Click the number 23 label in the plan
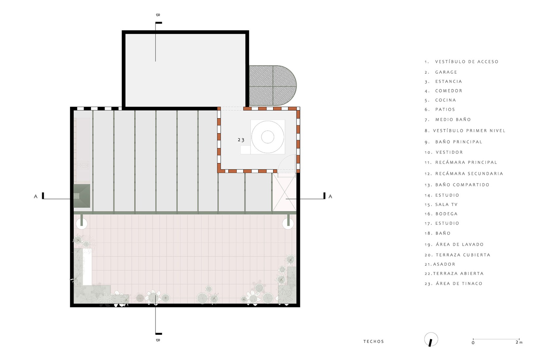[x=241, y=140]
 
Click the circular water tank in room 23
[x=268, y=137]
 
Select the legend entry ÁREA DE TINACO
[x=459, y=283]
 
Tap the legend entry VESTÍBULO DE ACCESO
[x=466, y=62]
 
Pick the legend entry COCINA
[x=445, y=100]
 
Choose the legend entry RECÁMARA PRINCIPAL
[x=466, y=162]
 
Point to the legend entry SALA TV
[x=446, y=205]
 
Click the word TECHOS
[x=374, y=341]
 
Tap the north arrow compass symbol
[x=431, y=340]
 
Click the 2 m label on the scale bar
[x=519, y=342]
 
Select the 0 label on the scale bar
[x=473, y=343]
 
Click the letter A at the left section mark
[x=36, y=196]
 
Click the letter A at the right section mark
[x=330, y=196]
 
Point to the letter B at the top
[x=158, y=15]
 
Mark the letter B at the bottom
[x=158, y=340]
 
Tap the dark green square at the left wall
[x=81, y=196]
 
